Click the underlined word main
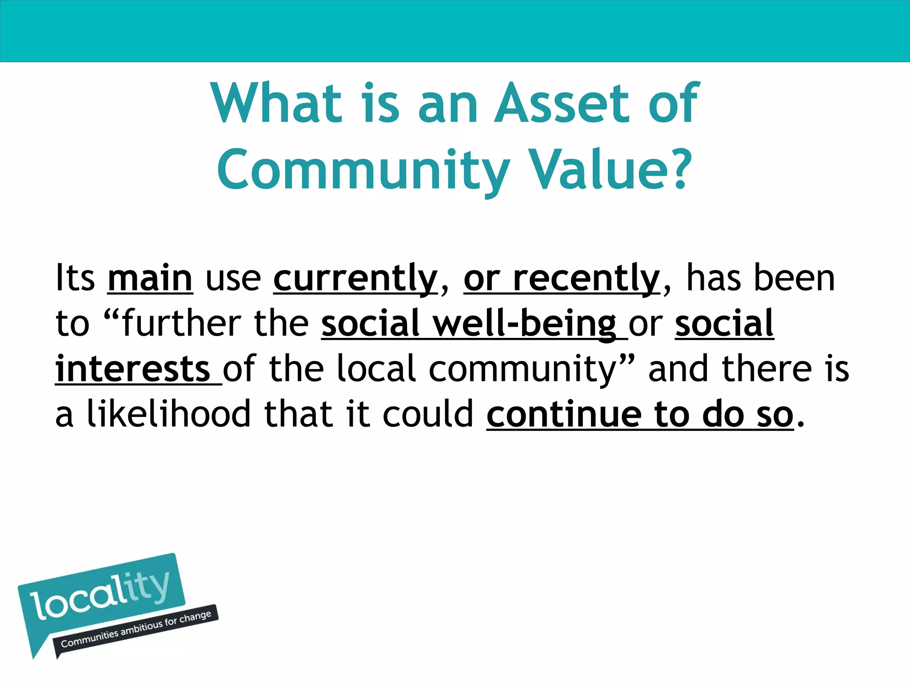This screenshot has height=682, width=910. click(x=150, y=278)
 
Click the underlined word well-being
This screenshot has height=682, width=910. click(x=524, y=324)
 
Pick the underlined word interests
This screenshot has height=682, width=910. click(x=132, y=369)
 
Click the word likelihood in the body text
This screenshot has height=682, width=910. click(x=169, y=414)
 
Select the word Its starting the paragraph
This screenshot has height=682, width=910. click(x=75, y=278)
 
